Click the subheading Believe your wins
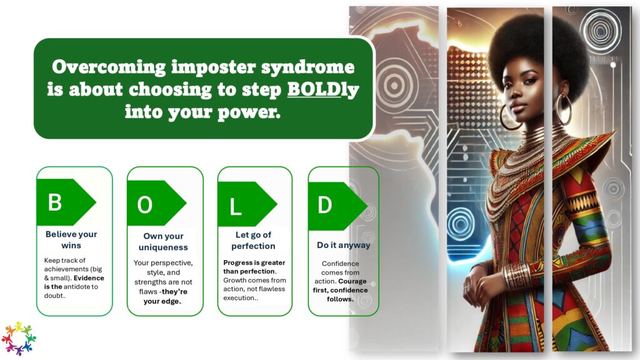click(71, 239)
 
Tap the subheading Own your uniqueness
click(163, 242)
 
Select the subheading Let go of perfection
click(254, 241)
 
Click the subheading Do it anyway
click(344, 245)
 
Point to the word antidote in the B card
click(77, 286)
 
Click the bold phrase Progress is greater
click(254, 262)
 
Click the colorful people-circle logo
click(19, 338)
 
